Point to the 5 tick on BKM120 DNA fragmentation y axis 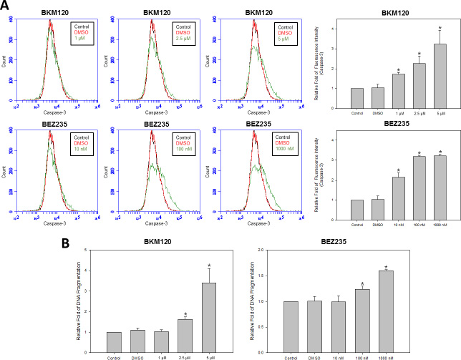(86, 250)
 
